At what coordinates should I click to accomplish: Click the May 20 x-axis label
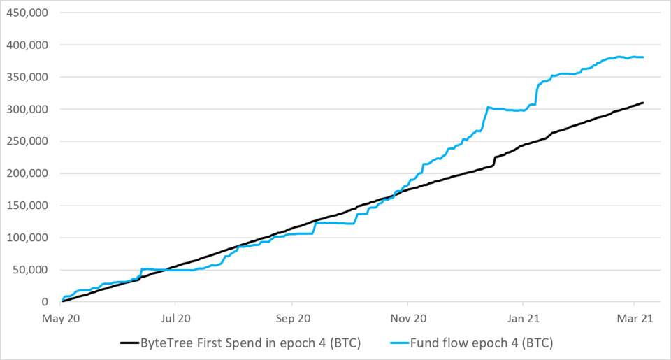[x=61, y=317]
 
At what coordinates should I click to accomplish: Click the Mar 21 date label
[x=633, y=317]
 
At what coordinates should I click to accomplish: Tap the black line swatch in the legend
[x=129, y=343]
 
